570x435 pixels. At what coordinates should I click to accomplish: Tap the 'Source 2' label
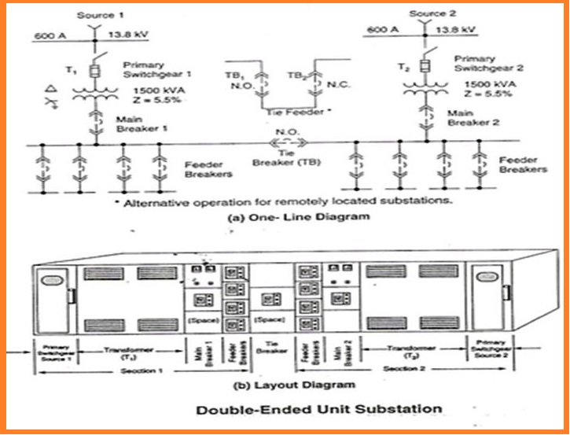click(x=428, y=13)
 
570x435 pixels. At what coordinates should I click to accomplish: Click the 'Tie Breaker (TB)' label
click(x=281, y=157)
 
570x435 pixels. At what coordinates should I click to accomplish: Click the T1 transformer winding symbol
click(x=94, y=94)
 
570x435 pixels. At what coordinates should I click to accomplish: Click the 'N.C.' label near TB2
click(x=333, y=83)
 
